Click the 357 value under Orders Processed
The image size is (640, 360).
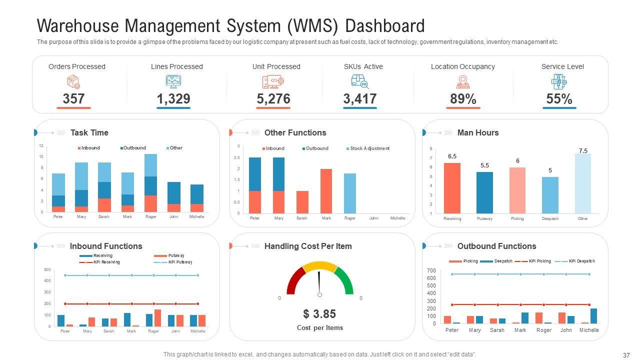pos(73,99)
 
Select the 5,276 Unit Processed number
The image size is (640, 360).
pos(273,99)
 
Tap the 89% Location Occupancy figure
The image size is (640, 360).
pos(463,99)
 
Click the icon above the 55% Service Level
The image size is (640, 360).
pos(559,81)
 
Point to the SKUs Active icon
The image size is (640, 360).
pos(359,81)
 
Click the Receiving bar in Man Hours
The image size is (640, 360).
pos(452,188)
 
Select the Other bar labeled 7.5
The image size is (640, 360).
pos(582,183)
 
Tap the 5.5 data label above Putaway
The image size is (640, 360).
pos(484,165)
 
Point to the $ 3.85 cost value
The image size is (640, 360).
pos(319,314)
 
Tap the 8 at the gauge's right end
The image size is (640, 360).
pos(361,298)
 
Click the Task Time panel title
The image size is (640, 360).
pos(89,132)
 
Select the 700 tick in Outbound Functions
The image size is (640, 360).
pos(431,270)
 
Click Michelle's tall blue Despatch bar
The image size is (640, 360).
pos(593,316)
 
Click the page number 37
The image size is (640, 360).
pos(626,355)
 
